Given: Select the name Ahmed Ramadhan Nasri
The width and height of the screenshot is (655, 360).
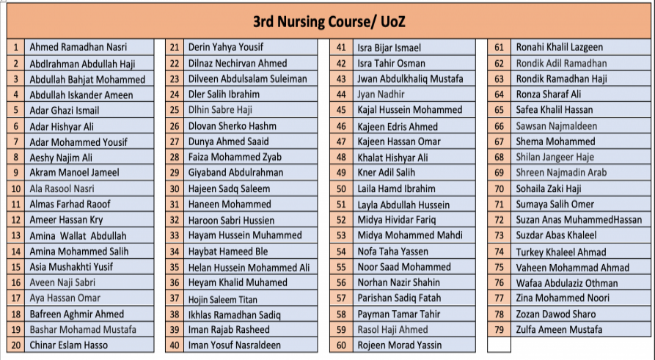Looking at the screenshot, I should click(78, 48).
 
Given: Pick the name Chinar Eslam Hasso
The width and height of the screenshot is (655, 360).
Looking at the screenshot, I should click(68, 345).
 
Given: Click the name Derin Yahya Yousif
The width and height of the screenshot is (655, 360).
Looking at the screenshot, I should click(225, 48).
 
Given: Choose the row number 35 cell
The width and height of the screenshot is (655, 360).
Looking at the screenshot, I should click(175, 267).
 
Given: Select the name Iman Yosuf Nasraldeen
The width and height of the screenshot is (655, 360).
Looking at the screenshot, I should click(235, 345).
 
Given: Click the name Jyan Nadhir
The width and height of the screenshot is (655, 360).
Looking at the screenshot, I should click(381, 95).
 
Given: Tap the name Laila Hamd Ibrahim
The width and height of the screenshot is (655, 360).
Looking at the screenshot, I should click(396, 188).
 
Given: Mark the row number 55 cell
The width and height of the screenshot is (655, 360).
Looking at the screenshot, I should click(341, 267).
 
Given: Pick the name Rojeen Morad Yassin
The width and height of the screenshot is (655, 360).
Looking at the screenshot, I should click(400, 345).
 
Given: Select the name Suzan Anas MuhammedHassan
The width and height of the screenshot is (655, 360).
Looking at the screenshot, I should click(579, 220).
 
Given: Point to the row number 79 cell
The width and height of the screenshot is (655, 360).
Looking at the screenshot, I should click(500, 329).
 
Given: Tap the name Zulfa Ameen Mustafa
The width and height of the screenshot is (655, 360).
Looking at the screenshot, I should click(559, 329).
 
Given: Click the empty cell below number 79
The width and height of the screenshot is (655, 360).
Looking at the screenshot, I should click(500, 345).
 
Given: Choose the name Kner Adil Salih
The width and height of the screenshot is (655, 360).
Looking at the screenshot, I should click(386, 173).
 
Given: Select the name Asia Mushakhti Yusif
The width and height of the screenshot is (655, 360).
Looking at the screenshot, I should click(71, 267).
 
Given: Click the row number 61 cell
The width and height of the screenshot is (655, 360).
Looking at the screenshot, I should click(500, 48).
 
